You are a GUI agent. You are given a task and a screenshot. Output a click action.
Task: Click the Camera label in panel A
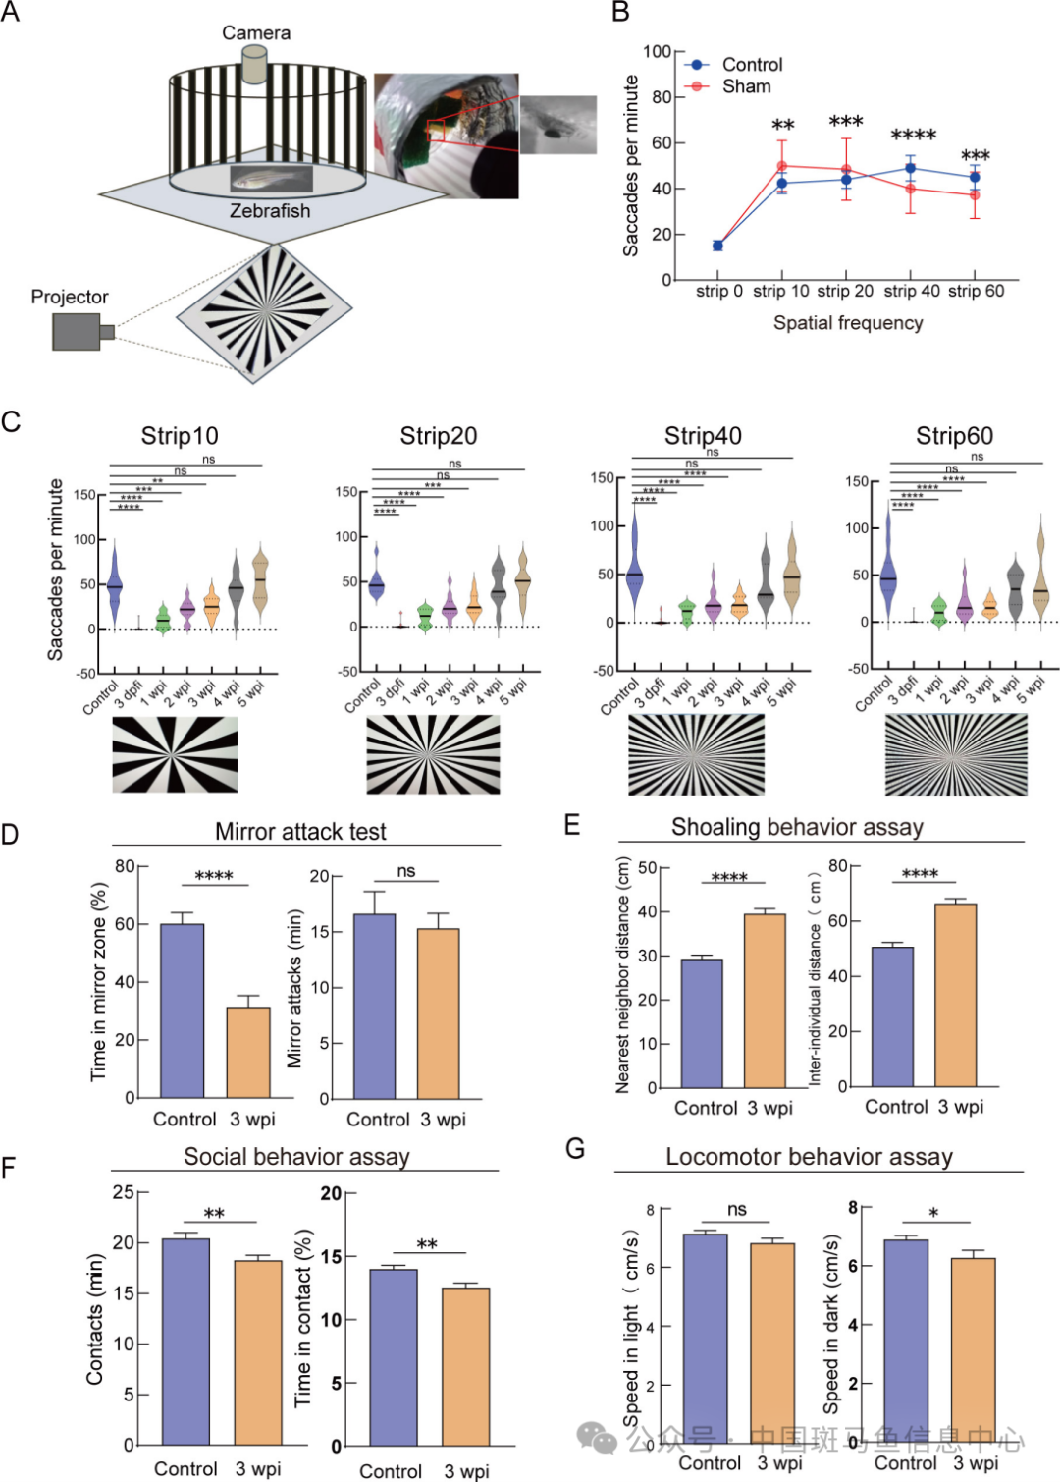click(256, 33)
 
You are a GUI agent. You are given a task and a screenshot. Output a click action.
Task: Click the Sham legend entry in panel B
click(746, 86)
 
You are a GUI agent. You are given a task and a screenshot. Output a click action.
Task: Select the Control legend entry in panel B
click(752, 65)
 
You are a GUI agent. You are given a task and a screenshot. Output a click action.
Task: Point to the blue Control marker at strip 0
click(717, 246)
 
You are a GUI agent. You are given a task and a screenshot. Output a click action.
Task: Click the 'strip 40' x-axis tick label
click(912, 291)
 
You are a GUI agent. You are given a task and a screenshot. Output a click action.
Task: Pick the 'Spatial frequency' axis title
click(848, 323)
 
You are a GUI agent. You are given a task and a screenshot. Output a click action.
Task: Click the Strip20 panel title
click(439, 436)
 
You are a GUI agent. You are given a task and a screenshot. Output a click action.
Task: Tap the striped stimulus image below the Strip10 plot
click(175, 754)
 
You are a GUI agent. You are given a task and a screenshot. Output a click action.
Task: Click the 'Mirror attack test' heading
click(300, 832)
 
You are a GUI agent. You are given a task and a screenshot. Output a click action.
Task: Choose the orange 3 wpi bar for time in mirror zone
click(248, 1052)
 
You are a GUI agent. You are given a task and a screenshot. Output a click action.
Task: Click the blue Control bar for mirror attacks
click(374, 1006)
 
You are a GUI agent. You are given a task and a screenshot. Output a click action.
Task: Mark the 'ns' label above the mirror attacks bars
click(406, 872)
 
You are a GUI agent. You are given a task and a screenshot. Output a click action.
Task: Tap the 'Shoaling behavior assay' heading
click(797, 827)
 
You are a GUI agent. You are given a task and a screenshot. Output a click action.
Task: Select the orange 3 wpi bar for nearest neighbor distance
click(765, 1000)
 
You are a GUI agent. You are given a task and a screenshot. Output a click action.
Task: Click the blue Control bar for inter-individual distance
click(892, 1016)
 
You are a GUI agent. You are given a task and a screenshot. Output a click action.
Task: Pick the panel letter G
click(575, 1148)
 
